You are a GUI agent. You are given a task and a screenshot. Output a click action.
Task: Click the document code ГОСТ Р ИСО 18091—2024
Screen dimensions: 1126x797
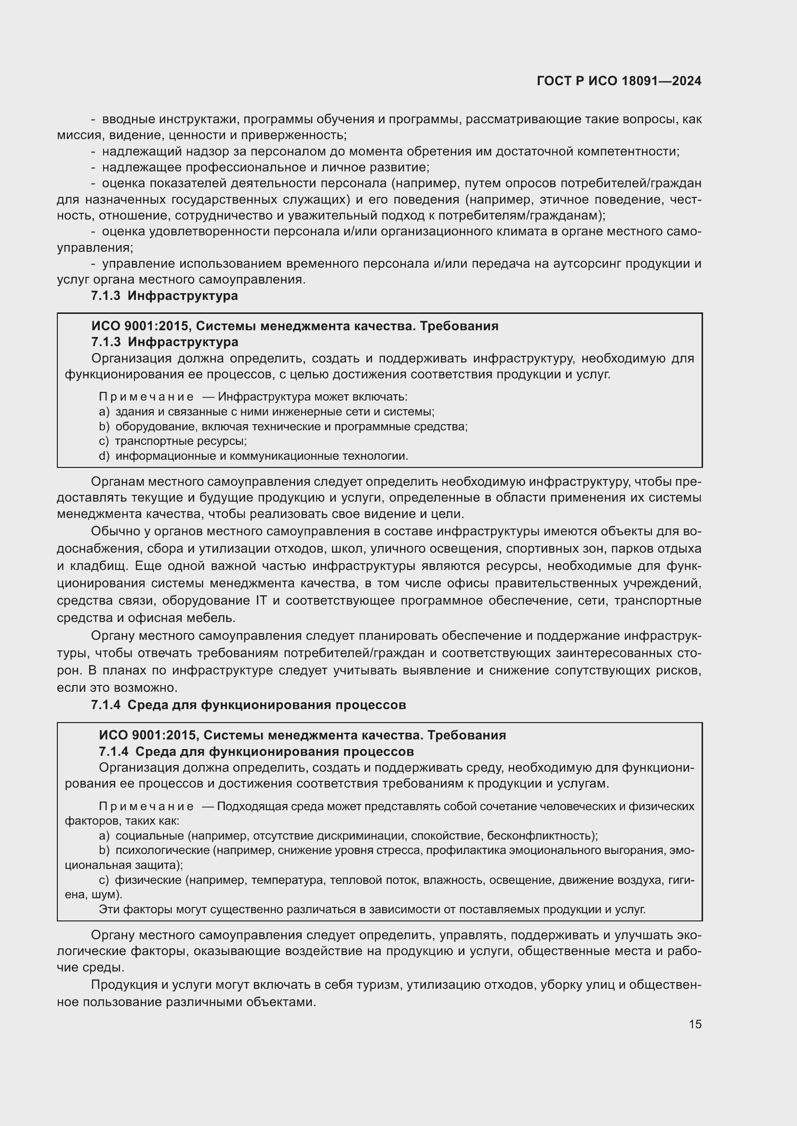[x=619, y=81]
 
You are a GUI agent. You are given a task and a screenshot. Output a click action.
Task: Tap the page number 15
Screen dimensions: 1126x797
[x=695, y=1024]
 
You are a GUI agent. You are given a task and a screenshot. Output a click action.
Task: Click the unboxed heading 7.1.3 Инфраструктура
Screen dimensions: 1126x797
[x=164, y=296]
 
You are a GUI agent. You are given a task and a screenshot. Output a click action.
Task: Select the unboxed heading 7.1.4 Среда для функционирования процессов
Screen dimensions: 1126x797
[x=248, y=705]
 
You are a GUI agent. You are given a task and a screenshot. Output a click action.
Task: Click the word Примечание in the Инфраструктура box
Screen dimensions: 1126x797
[x=146, y=396]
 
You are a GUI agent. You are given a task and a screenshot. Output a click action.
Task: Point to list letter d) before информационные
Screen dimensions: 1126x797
[x=104, y=456]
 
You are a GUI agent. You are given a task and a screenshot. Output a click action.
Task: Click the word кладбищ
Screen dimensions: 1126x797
[x=97, y=566]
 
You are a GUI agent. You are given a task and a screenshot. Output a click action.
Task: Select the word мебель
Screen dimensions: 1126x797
[x=214, y=618]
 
